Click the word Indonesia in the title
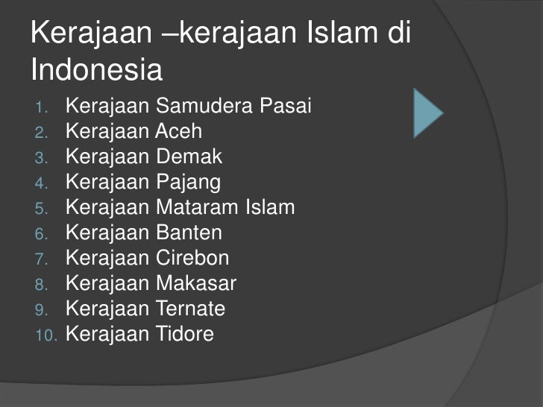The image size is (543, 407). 97,71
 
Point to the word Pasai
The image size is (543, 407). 286,107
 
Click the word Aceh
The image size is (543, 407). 178,132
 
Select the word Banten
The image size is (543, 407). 189,233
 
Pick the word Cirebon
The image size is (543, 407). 192,259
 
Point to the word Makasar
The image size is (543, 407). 196,284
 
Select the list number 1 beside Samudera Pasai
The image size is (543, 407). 40,108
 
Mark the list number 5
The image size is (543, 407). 40,209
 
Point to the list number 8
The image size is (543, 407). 40,285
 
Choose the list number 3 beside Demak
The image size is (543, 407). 40,158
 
